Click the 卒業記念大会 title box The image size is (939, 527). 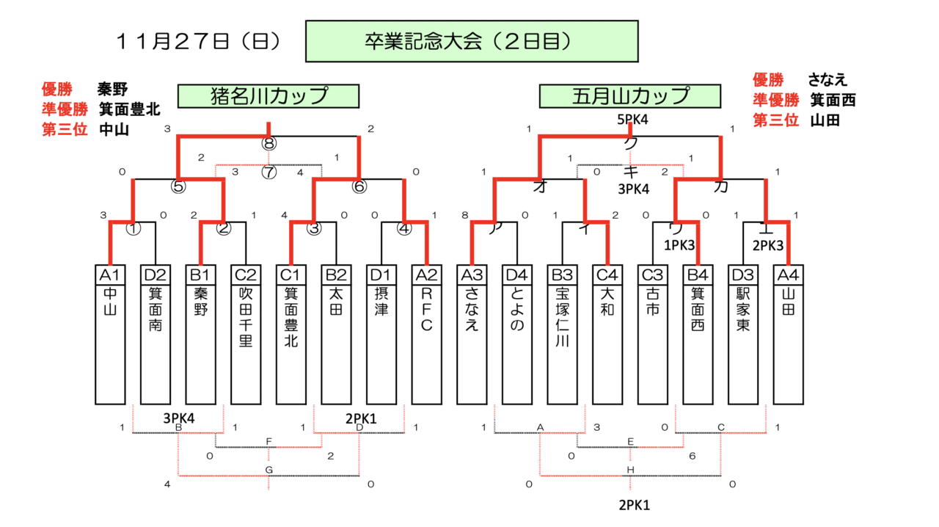click(x=468, y=41)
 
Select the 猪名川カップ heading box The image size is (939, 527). click(x=268, y=96)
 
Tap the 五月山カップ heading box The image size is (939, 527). click(x=630, y=96)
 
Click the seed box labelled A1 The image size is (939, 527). click(x=110, y=275)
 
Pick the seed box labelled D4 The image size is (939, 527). click(x=516, y=275)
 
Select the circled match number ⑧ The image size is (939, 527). click(x=268, y=143)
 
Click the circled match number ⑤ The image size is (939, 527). click(x=178, y=186)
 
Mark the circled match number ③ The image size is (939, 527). click(x=315, y=228)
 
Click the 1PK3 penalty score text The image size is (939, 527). click(x=679, y=245)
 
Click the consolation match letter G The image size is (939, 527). click(x=268, y=469)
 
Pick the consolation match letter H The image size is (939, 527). click(x=630, y=469)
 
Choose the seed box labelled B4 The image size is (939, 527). click(x=697, y=275)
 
